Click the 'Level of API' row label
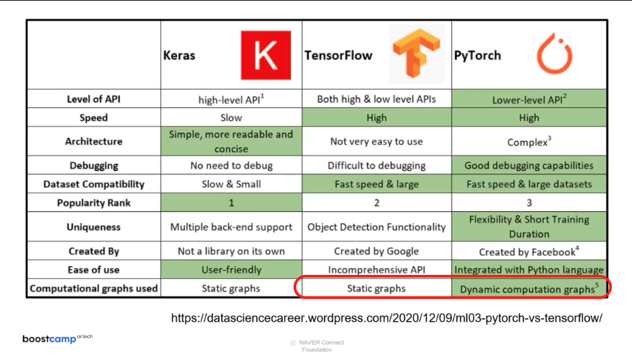[93, 99]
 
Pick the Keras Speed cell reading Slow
[231, 117]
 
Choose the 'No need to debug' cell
[231, 165]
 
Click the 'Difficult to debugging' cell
[376, 165]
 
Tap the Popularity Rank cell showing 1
[231, 202]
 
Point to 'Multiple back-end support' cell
[231, 227]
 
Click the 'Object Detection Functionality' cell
[376, 227]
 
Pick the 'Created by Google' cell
[376, 251]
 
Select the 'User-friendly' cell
[231, 269]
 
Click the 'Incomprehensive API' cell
[376, 269]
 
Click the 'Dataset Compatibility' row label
[93, 184]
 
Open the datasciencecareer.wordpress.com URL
[387, 318]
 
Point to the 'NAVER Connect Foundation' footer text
[317, 346]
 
